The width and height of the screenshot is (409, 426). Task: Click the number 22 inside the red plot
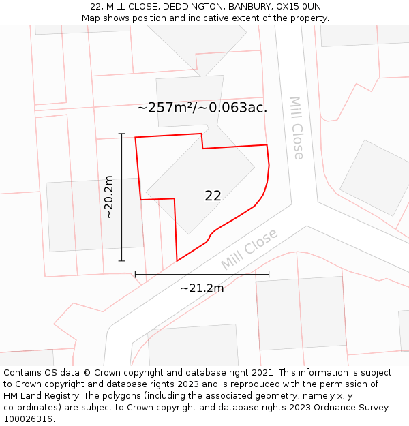click(x=213, y=196)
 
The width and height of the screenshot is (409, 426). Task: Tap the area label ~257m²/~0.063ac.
click(x=202, y=108)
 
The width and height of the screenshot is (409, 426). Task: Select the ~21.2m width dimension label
click(x=202, y=288)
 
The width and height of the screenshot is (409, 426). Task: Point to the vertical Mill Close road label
click(x=297, y=127)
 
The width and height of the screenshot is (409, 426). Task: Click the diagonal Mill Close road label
click(x=249, y=249)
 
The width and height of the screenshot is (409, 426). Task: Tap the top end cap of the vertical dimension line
click(x=122, y=134)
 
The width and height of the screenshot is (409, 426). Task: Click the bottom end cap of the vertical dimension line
click(x=122, y=260)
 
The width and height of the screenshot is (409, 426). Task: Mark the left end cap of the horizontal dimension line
click(x=136, y=275)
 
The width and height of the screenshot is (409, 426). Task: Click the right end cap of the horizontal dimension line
click(x=269, y=275)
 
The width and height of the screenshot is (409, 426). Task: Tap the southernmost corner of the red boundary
click(x=177, y=260)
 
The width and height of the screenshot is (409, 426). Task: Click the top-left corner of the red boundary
click(x=136, y=138)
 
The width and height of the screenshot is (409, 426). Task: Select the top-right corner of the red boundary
click(x=267, y=144)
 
